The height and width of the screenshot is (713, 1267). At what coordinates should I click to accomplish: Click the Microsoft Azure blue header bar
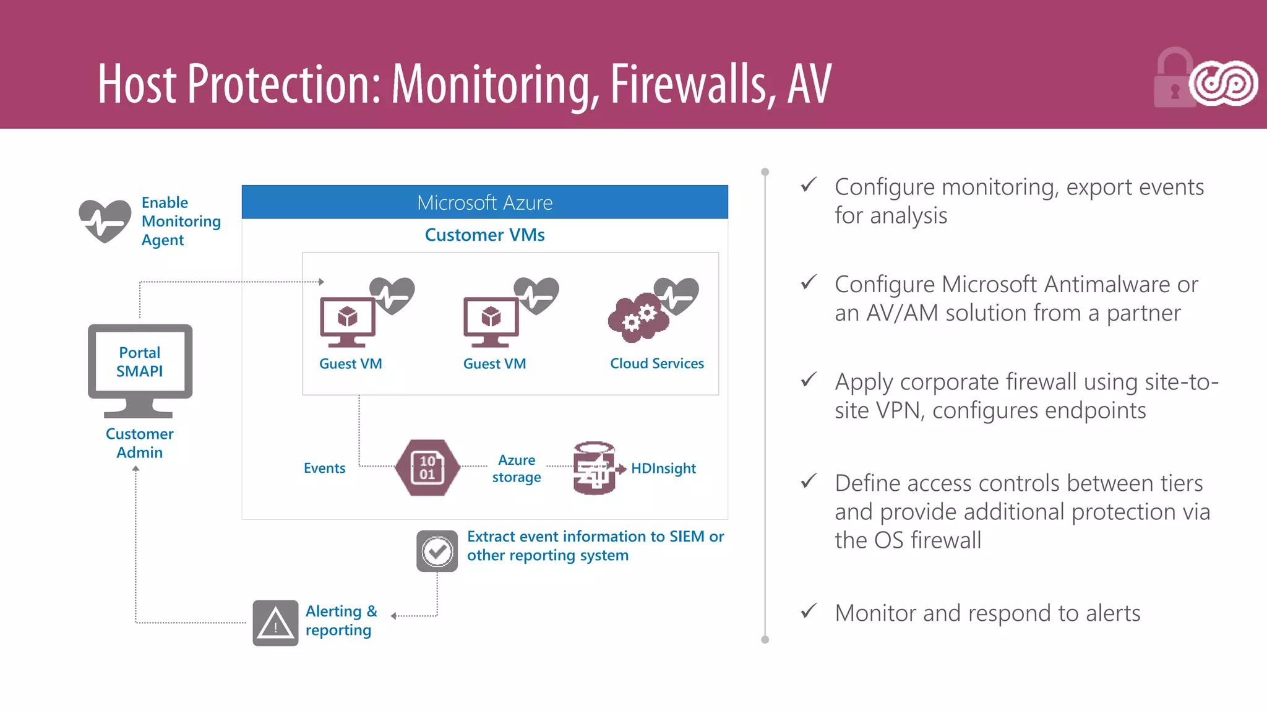pyautogui.click(x=484, y=202)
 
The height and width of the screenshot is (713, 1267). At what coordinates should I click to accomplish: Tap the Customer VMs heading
pyautogui.click(x=484, y=235)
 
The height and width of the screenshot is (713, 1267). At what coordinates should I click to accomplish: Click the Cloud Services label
pyautogui.click(x=656, y=364)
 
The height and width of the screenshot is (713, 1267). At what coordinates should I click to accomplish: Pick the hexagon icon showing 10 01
pyautogui.click(x=427, y=468)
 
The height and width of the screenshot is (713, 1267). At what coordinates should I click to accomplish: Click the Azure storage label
pyautogui.click(x=517, y=469)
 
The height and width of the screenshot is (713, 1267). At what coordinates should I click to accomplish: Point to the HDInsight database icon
pyautogui.click(x=594, y=469)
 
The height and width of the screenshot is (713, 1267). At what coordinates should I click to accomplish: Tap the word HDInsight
pyautogui.click(x=663, y=469)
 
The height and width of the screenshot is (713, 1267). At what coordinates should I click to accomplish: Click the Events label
pyautogui.click(x=324, y=469)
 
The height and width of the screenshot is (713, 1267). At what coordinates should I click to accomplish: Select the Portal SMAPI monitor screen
pyautogui.click(x=140, y=362)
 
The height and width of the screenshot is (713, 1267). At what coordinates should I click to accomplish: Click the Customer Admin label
pyautogui.click(x=140, y=443)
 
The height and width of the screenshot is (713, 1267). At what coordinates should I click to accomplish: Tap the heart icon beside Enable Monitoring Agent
pyautogui.click(x=105, y=220)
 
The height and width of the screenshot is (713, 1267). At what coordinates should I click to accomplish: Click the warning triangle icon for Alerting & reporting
pyautogui.click(x=275, y=623)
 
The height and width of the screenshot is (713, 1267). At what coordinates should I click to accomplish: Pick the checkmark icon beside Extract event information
pyautogui.click(x=437, y=551)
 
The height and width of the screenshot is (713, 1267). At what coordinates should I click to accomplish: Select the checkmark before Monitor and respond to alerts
pyautogui.click(x=809, y=611)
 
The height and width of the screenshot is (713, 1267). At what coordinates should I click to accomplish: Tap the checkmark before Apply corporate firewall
pyautogui.click(x=809, y=379)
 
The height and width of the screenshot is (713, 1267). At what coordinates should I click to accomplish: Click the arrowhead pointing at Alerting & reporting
pyautogui.click(x=393, y=616)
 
